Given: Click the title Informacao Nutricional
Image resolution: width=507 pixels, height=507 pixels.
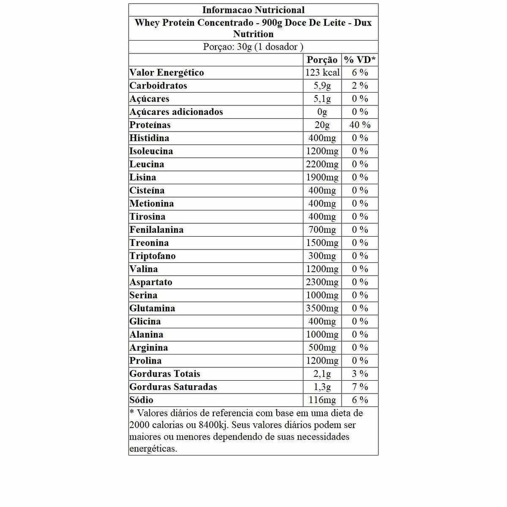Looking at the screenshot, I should pyautogui.click(x=253, y=10).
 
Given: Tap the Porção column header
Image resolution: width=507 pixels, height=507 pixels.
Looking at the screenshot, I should pyautogui.click(x=322, y=60).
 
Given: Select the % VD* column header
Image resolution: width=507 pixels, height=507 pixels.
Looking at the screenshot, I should pyautogui.click(x=360, y=60).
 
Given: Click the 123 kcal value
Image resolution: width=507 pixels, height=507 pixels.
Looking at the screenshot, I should pyautogui.click(x=322, y=73).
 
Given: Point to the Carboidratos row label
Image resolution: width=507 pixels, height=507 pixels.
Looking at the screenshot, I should pyautogui.click(x=158, y=86).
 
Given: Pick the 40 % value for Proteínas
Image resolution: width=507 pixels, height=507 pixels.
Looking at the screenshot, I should pyautogui.click(x=360, y=125).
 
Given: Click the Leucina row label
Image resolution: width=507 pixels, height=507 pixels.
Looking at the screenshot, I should pyautogui.click(x=147, y=164).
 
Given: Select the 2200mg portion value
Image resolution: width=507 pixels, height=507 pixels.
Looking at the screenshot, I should pyautogui.click(x=322, y=164).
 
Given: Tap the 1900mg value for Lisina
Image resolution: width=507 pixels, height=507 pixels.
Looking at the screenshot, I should pyautogui.click(x=322, y=177).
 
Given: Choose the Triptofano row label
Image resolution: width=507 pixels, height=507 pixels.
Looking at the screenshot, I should pyautogui.click(x=152, y=256).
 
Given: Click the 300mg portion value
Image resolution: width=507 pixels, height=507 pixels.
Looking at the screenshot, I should pyautogui.click(x=322, y=256).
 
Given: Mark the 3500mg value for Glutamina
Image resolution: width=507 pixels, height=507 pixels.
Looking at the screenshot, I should pyautogui.click(x=322, y=308).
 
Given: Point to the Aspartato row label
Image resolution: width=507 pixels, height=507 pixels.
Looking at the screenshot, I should pyautogui.click(x=151, y=282).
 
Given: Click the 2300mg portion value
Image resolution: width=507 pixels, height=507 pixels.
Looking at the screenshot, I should pyautogui.click(x=322, y=282).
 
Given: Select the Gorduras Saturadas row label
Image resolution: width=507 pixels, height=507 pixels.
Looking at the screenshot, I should pyautogui.click(x=173, y=387).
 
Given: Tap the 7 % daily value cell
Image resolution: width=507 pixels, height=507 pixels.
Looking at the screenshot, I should pyautogui.click(x=360, y=387).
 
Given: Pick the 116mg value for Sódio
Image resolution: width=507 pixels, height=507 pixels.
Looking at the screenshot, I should pyautogui.click(x=322, y=400).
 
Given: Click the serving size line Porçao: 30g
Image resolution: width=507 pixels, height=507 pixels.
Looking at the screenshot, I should pyautogui.click(x=253, y=47).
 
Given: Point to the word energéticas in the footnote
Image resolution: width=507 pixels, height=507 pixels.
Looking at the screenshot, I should pyautogui.click(x=152, y=449).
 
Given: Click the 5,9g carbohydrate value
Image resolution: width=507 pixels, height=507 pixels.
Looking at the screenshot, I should pyautogui.click(x=322, y=86).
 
